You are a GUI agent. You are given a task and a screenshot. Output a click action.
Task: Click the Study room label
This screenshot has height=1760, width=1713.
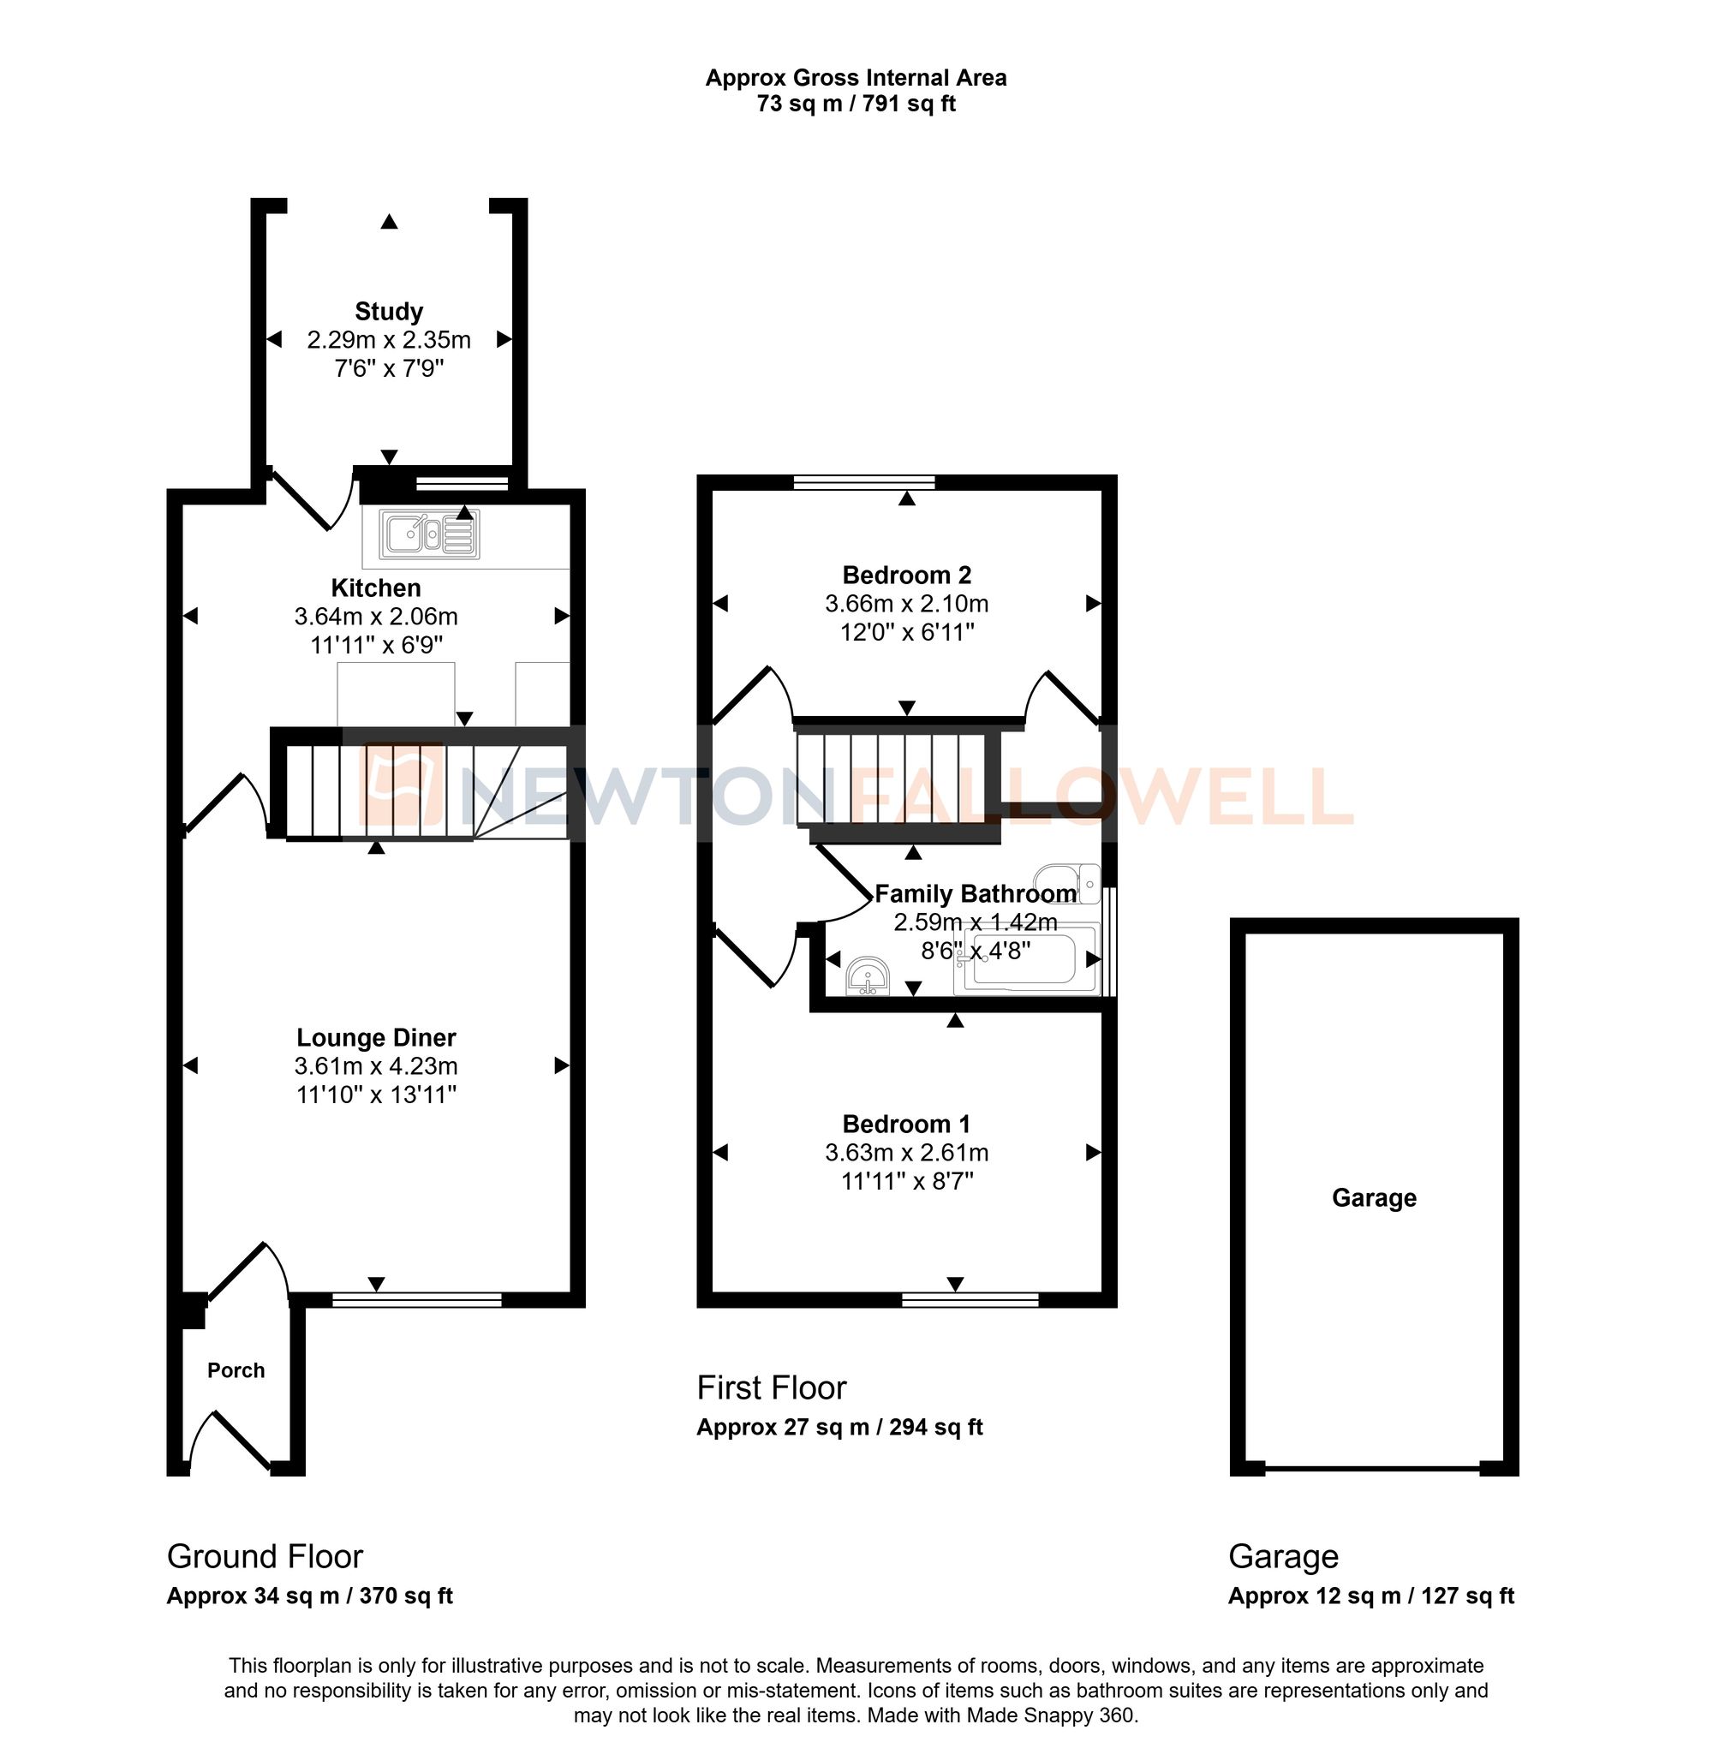coord(389,312)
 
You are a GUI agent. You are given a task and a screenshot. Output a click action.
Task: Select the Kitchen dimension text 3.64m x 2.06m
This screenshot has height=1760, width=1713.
coord(376,617)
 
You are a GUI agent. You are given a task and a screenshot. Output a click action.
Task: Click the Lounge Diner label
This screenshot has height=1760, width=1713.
coord(376,1037)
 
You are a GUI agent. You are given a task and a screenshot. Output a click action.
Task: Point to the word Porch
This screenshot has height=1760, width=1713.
coord(236,1370)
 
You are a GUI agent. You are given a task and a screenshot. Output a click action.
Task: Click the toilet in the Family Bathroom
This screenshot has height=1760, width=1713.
coord(1068,882)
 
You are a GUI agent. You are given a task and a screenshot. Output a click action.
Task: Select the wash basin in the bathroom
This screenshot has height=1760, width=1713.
coord(869,977)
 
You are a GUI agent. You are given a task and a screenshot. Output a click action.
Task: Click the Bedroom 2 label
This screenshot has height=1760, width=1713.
coord(906,575)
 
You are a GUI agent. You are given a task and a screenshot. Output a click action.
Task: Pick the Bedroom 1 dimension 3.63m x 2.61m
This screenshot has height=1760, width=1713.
coord(906,1153)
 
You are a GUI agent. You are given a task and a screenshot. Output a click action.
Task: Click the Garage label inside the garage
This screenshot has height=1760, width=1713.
coord(1374,1197)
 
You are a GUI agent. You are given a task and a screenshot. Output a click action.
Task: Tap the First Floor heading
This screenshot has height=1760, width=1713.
coord(771,1388)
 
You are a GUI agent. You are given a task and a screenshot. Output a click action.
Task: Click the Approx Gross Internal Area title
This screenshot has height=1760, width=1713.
coord(856,78)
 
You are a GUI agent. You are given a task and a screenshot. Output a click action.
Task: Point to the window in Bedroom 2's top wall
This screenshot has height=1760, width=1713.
coord(864,483)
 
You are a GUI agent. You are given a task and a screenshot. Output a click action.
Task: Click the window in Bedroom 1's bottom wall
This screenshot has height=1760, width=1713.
coord(970,1299)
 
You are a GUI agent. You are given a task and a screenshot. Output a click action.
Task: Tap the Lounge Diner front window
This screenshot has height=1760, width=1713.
coord(416,1299)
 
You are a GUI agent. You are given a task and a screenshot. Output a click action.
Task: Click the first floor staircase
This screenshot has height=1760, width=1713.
coord(891,779)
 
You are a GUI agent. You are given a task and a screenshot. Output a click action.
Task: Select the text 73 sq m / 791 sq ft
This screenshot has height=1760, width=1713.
coord(856,104)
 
